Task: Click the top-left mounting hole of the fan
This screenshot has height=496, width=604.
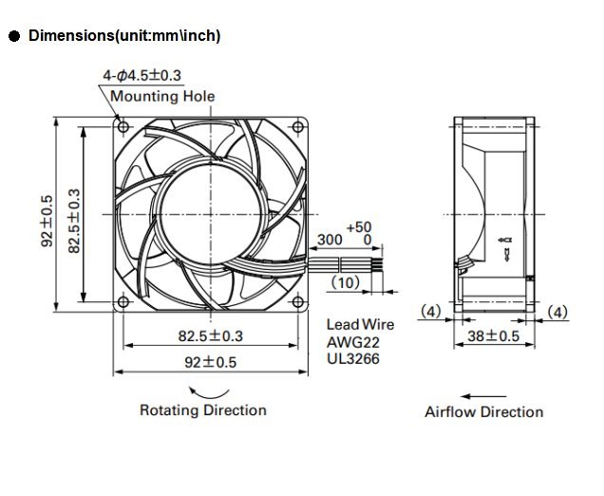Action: coord(123,126)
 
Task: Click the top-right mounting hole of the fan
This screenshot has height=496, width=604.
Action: coord(298,126)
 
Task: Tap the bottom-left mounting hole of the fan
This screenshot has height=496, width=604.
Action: coord(123,302)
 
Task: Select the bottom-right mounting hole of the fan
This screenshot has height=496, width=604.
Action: coord(298,302)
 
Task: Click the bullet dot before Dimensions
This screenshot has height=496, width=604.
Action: coord(14,37)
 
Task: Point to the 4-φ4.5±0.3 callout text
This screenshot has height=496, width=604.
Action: coord(142,75)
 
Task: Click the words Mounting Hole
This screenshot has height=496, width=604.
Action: coord(162,96)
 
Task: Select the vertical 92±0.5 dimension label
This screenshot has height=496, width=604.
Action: coord(47,220)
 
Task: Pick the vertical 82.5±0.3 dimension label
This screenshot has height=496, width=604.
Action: coord(74,220)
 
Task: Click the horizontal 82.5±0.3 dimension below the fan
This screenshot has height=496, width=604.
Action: coord(210,336)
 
